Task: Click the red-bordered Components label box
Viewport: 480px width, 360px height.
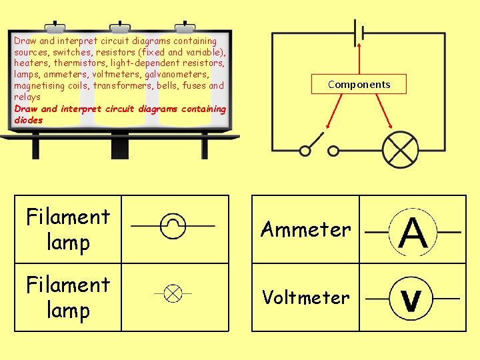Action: coord(359,84)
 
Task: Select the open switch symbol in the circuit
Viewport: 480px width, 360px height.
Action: coord(319,145)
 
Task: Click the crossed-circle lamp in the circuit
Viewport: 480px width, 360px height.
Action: coord(399,150)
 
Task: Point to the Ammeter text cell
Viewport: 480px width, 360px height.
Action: coord(305,229)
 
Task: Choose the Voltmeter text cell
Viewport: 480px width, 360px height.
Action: coord(305,297)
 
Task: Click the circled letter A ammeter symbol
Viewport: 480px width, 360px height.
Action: coord(413,232)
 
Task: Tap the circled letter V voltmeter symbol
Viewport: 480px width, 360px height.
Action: coord(412,299)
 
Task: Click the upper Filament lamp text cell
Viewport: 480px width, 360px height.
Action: coord(68,229)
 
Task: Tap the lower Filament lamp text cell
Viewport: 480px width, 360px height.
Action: coord(68,297)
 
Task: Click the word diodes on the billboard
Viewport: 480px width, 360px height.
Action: coord(28,120)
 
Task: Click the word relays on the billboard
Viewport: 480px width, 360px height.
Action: coord(27,97)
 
